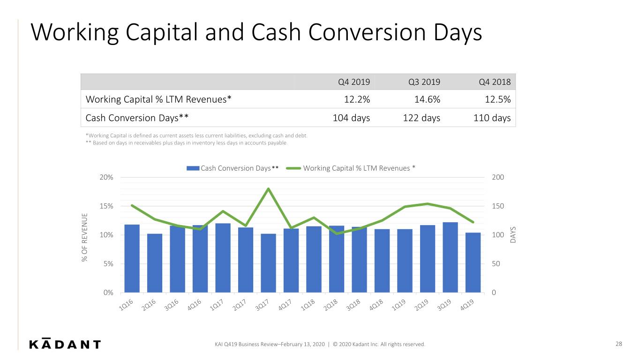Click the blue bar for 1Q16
pyautogui.click(x=132, y=258)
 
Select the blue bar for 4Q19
pyautogui.click(x=473, y=262)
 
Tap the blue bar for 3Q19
pyautogui.click(x=450, y=257)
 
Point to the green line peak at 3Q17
pyautogui.click(x=268, y=188)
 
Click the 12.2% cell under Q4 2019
pyautogui.click(x=357, y=99)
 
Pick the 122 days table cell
pyautogui.click(x=422, y=118)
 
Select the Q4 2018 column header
pyautogui.click(x=495, y=82)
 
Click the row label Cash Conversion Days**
pyautogui.click(x=137, y=118)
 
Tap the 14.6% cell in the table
pyautogui.click(x=427, y=99)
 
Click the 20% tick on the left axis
pyautogui.click(x=106, y=178)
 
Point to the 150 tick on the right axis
pyautogui.click(x=498, y=206)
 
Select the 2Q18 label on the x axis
pyautogui.click(x=331, y=305)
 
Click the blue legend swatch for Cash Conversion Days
pyautogui.click(x=193, y=168)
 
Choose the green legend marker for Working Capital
pyautogui.click(x=294, y=168)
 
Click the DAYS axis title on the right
pyautogui.click(x=513, y=235)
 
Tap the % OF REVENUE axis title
pyautogui.click(x=84, y=237)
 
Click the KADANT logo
pyautogui.click(x=65, y=344)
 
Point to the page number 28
pyautogui.click(x=618, y=344)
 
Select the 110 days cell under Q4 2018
pyautogui.click(x=492, y=118)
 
